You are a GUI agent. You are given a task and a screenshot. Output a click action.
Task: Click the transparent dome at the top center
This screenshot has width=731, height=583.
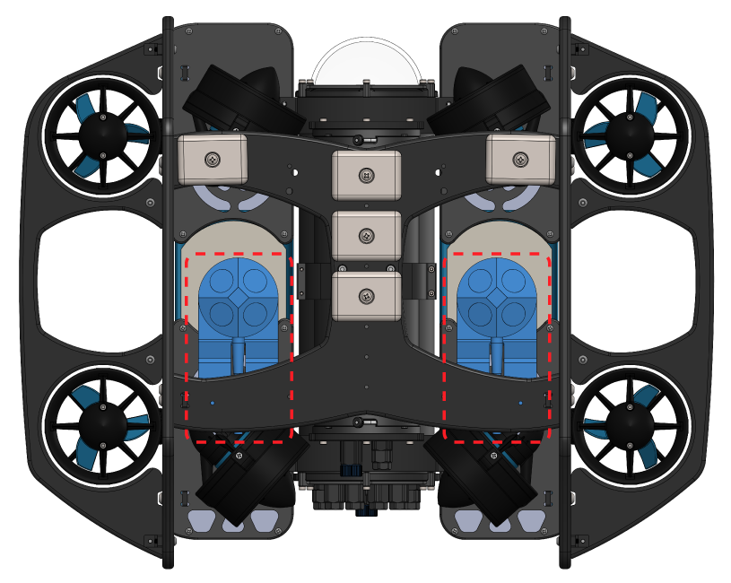point(366,61)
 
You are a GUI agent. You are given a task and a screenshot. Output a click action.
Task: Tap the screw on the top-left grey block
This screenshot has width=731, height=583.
point(213,159)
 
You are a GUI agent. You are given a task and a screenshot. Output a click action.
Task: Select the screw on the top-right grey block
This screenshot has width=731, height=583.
point(519,159)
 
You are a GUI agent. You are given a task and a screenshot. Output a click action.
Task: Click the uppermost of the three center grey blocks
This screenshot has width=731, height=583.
point(366,175)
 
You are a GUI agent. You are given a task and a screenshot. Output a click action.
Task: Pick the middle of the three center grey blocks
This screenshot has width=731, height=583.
point(366,236)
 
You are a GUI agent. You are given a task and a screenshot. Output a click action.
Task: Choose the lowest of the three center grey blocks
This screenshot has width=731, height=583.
point(366,296)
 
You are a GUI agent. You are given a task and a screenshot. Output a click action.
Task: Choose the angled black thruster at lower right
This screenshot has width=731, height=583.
point(486,480)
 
